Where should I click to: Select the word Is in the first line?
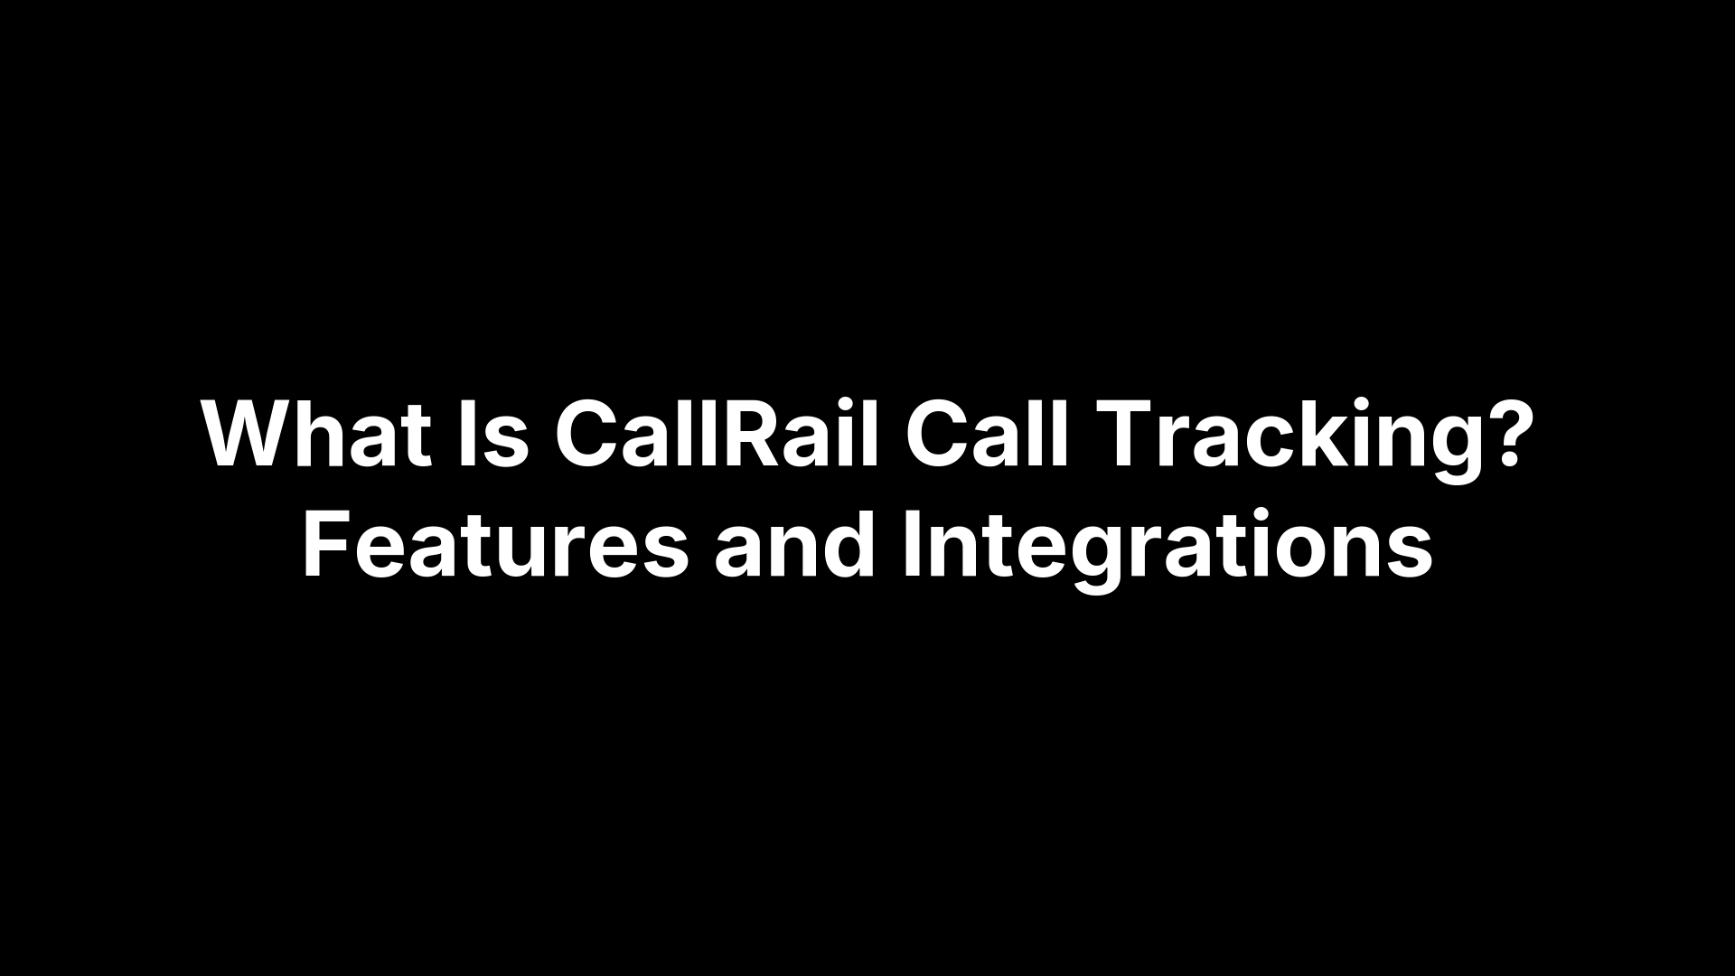point(493,435)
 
